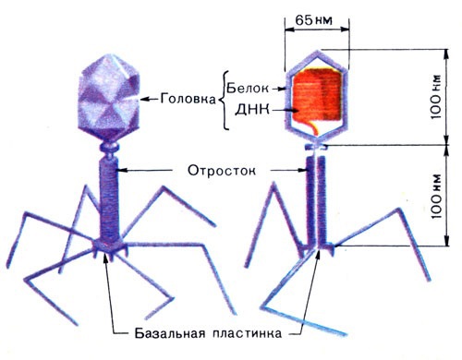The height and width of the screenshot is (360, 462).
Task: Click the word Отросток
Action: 214,170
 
